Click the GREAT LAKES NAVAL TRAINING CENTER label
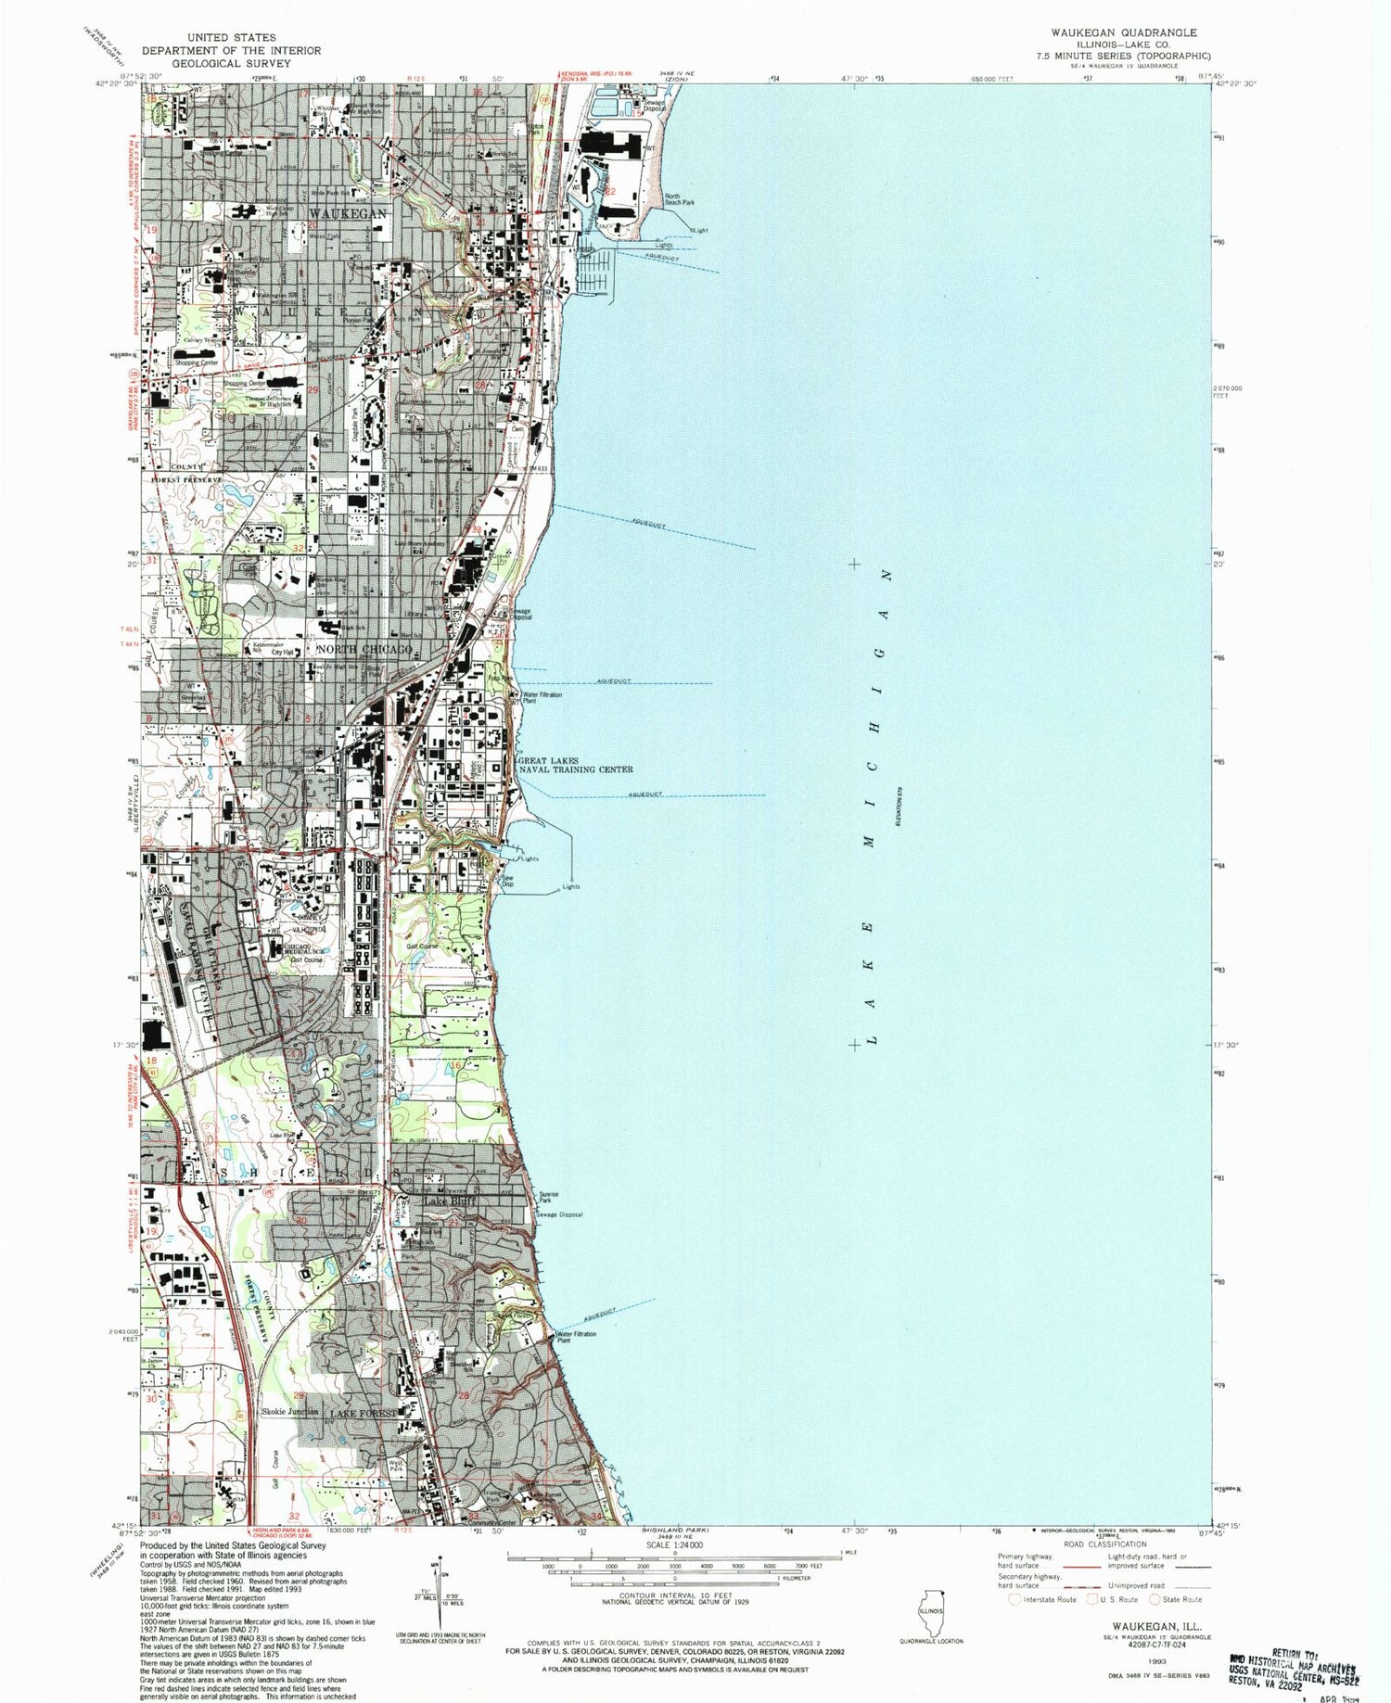coord(576,765)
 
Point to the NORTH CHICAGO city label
coord(364,650)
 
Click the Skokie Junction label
coord(290,1412)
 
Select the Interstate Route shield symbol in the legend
coord(1015,1599)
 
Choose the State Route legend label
coord(1182,1599)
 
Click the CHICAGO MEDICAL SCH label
coord(303,948)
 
